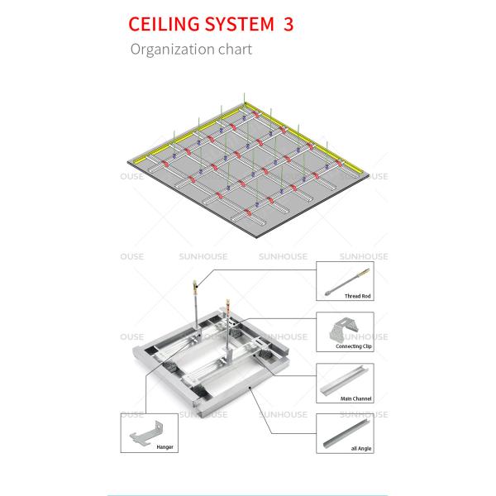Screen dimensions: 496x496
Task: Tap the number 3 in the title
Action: pos(288,24)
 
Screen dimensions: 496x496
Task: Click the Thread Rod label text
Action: pos(357,294)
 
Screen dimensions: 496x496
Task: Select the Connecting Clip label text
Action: pos(353,346)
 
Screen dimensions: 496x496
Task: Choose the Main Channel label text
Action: pos(356,398)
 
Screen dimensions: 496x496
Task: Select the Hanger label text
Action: pos(165,447)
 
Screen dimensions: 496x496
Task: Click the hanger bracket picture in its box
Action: pos(152,431)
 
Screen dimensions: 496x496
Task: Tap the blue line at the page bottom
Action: pos(248,494)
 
